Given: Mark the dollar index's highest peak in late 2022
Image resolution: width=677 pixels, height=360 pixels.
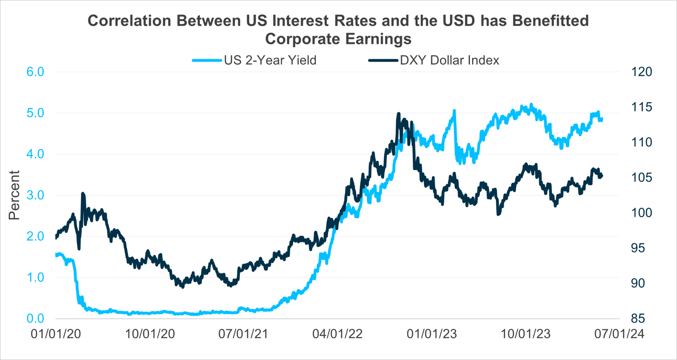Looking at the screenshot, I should [398, 114].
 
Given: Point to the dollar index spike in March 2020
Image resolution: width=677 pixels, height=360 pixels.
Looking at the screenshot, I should [83, 193].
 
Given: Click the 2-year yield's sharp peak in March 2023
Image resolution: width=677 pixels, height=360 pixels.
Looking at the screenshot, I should [454, 111].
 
